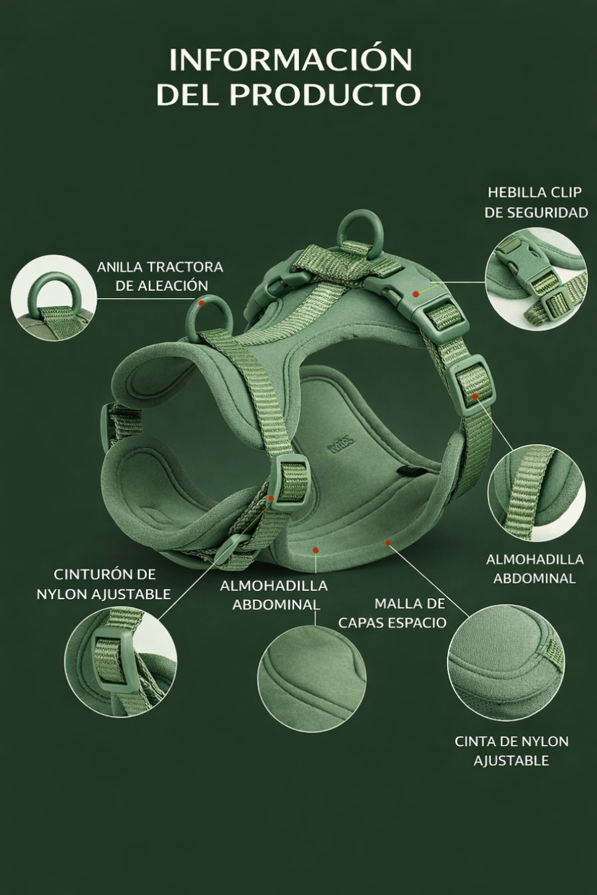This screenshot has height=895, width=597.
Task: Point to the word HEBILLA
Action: [x=511, y=192]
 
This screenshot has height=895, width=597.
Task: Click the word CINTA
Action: [x=476, y=741]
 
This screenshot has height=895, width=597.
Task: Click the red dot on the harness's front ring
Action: [x=202, y=303]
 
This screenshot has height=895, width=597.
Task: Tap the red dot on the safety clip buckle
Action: [x=416, y=294]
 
